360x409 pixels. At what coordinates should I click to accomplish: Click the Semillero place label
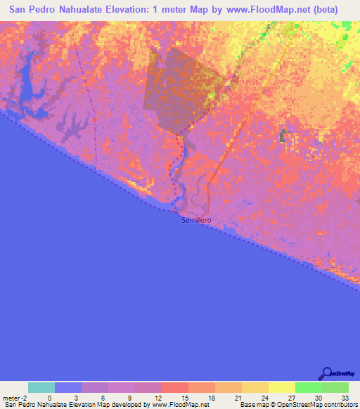pos(196,220)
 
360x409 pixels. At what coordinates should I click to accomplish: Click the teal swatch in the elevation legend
pos(41,387)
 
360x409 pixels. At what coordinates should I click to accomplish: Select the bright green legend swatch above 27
pos(309,387)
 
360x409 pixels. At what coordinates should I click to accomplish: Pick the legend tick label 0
pos(49,398)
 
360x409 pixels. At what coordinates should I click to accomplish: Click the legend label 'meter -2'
pos(16,398)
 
